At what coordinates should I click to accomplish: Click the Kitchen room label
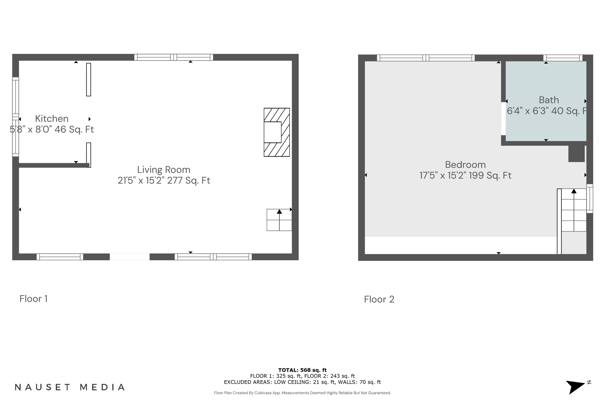[52, 119]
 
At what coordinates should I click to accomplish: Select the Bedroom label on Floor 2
[465, 165]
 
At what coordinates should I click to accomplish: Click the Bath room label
[549, 100]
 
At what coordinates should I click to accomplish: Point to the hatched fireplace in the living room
[276, 132]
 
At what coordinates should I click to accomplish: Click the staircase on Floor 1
[279, 220]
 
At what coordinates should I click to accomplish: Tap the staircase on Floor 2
[573, 210]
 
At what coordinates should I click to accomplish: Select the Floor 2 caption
[379, 299]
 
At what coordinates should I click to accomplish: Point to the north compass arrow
[576, 386]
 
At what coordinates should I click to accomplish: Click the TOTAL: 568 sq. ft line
[302, 370]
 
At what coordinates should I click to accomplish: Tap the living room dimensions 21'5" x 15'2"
[164, 181]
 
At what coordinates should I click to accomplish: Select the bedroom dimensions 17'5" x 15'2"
[465, 176]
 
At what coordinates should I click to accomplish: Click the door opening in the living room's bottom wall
[130, 257]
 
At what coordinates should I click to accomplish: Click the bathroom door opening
[503, 119]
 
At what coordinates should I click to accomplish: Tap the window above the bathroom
[563, 58]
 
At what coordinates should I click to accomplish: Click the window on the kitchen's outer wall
[16, 117]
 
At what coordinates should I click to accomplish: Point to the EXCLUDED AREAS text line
[302, 382]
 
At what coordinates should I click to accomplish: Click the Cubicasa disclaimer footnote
[302, 393]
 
